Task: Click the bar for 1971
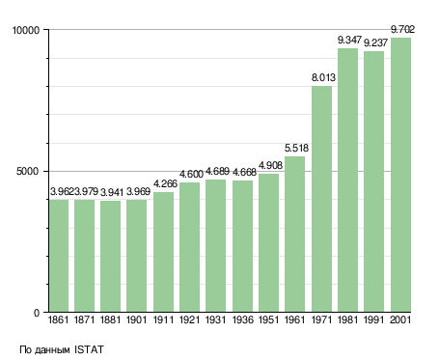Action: pyautogui.click(x=321, y=199)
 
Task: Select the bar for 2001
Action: pyautogui.click(x=400, y=175)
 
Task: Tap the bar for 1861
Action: pyautogui.click(x=59, y=256)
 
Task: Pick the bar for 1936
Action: pyautogui.click(x=242, y=246)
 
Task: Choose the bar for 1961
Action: pyautogui.click(x=294, y=235)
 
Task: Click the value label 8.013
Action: pyautogui.click(x=323, y=77)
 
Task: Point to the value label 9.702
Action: pyautogui.click(x=402, y=30)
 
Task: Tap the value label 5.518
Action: pyautogui.click(x=296, y=148)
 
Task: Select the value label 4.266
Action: pyautogui.click(x=165, y=183)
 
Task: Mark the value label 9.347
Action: pyautogui.click(x=349, y=41)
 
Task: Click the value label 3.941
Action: pyautogui.click(x=112, y=192)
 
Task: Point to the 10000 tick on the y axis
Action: pyautogui.click(x=26, y=30)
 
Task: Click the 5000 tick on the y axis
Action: pyautogui.click(x=28, y=171)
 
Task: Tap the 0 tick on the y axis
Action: pyautogui.click(x=37, y=313)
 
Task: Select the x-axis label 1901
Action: pyautogui.click(x=136, y=320)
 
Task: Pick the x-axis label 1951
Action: pyautogui.click(x=268, y=320)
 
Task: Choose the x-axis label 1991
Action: pyautogui.click(x=374, y=320)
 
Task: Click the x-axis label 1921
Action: pyautogui.click(x=189, y=320)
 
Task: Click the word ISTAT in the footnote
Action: pyautogui.click(x=89, y=349)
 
